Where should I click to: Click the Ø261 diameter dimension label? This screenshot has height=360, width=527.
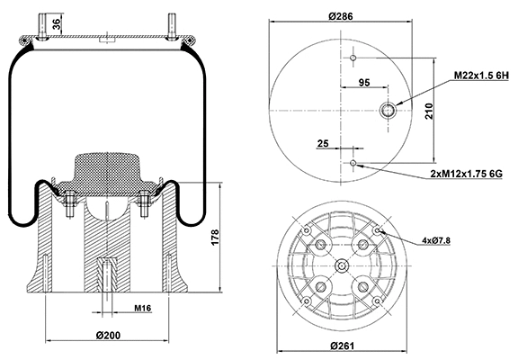click(344, 346)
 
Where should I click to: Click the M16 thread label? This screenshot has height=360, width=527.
click(141, 309)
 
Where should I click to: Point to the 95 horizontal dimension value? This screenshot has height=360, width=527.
click(365, 83)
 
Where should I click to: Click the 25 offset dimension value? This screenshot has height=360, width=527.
click(323, 143)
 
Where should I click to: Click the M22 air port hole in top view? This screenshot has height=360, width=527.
click(389, 111)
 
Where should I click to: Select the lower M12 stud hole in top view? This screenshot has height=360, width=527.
click(353, 163)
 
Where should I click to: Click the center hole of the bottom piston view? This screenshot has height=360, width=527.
click(344, 265)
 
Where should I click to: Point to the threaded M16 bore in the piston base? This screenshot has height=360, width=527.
click(106, 271)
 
